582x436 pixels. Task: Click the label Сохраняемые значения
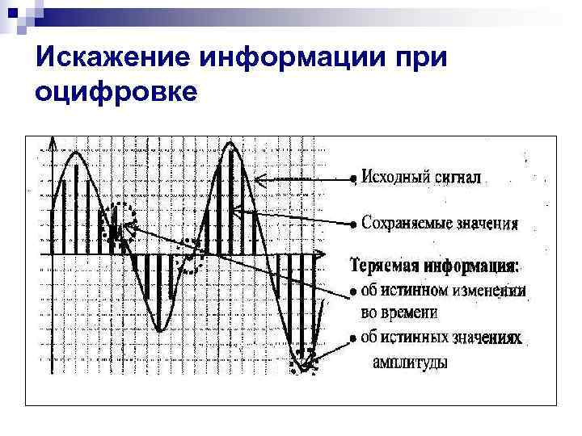point(439,221)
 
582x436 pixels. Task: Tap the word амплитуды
point(410,363)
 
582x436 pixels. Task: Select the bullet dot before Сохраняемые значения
point(352,223)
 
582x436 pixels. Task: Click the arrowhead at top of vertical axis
point(53,143)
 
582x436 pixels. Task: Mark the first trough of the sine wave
point(161,329)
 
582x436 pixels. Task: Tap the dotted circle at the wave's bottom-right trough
point(306,360)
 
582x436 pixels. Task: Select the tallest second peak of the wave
point(230,145)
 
